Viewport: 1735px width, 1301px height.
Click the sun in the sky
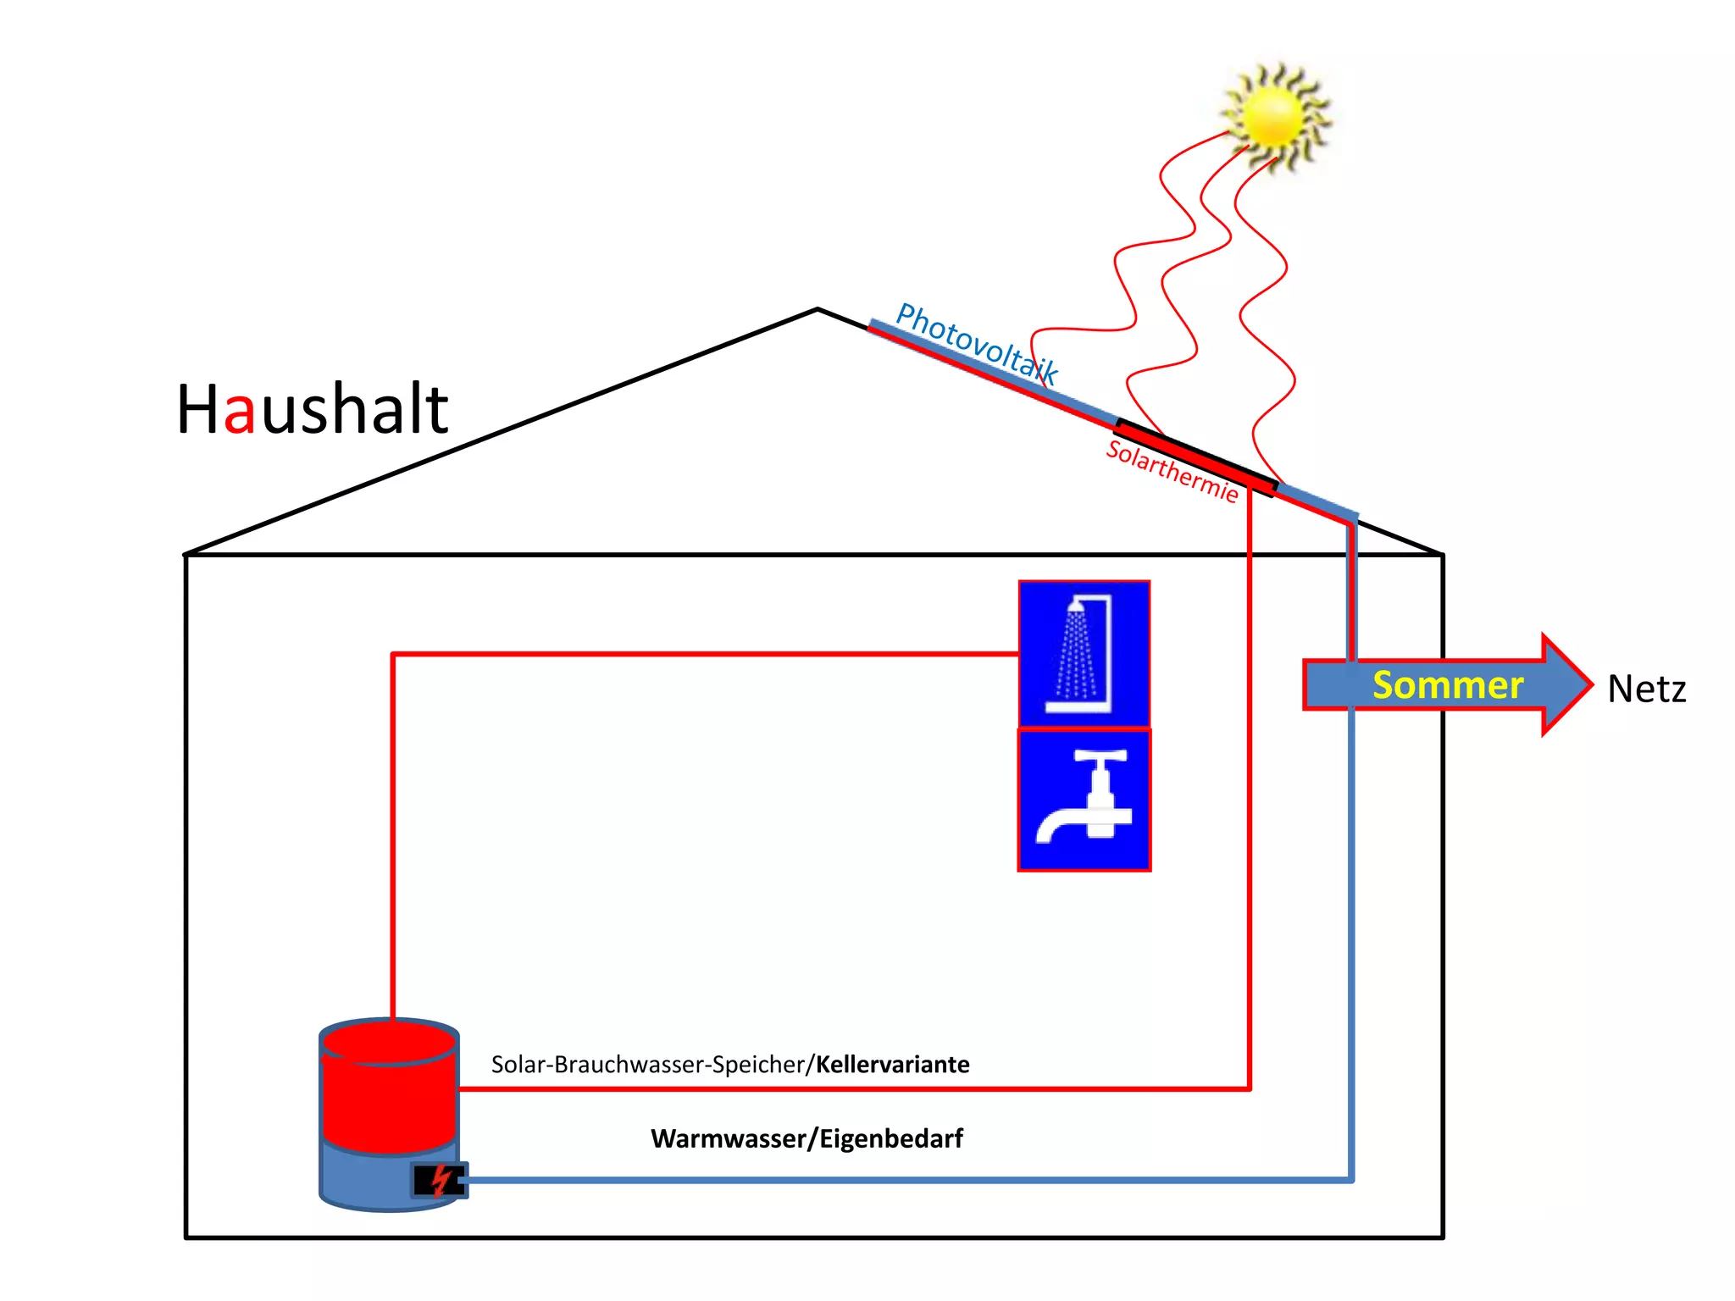[1274, 117]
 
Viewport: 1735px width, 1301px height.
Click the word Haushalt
[312, 410]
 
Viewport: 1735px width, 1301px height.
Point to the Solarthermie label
[1172, 471]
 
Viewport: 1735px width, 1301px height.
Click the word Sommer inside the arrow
[1447, 685]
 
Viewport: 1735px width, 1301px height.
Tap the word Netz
[1646, 689]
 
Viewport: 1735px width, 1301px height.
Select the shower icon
[1084, 654]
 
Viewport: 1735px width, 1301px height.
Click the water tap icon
[1084, 800]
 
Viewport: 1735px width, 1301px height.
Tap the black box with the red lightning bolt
[439, 1180]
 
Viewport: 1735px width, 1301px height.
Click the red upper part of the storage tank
[389, 1093]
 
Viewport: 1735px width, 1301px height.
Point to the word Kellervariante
[892, 1065]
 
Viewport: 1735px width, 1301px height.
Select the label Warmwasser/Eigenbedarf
[807, 1138]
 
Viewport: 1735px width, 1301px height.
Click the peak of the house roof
[818, 310]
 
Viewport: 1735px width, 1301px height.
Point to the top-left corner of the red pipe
[393, 655]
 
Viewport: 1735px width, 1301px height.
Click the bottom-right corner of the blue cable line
[1351, 1179]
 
